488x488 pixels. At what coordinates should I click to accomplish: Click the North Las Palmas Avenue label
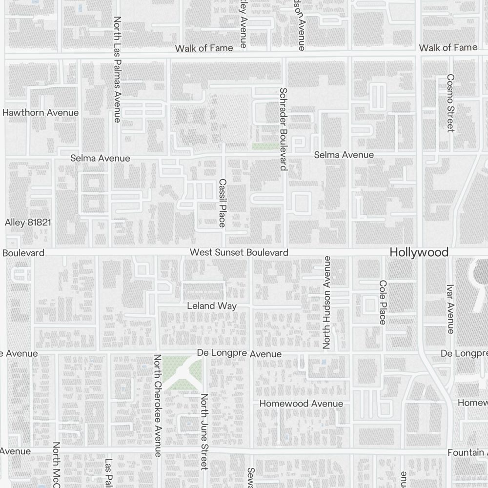pos(117,69)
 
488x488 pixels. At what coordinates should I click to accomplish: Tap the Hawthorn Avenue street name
pos(41,113)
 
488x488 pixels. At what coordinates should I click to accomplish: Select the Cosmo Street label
pos(450,103)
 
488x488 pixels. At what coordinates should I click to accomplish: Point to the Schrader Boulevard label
pos(282,129)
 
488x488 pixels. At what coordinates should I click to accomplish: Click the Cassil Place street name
pos(223,203)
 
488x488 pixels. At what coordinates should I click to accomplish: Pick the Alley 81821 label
pos(28,222)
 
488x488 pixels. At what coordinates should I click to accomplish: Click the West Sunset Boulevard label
pos(239,252)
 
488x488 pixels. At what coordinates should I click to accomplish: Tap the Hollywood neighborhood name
pos(419,252)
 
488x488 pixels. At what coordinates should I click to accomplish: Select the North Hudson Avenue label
pos(327,303)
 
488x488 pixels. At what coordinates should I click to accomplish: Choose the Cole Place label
pos(383,303)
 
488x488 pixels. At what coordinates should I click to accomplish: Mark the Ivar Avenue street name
pos(450,309)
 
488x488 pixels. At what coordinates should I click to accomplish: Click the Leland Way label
pos(212,306)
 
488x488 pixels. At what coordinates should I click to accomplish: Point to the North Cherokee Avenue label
pos(157,405)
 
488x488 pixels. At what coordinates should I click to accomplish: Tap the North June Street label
pos(204,432)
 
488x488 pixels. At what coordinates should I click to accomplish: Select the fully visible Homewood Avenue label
pos(301,404)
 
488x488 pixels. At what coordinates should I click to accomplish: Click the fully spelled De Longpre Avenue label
pos(239,353)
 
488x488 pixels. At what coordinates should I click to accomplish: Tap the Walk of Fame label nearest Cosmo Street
pos(448,48)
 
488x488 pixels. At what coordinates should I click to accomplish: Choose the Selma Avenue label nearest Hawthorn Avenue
pos(100,158)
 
